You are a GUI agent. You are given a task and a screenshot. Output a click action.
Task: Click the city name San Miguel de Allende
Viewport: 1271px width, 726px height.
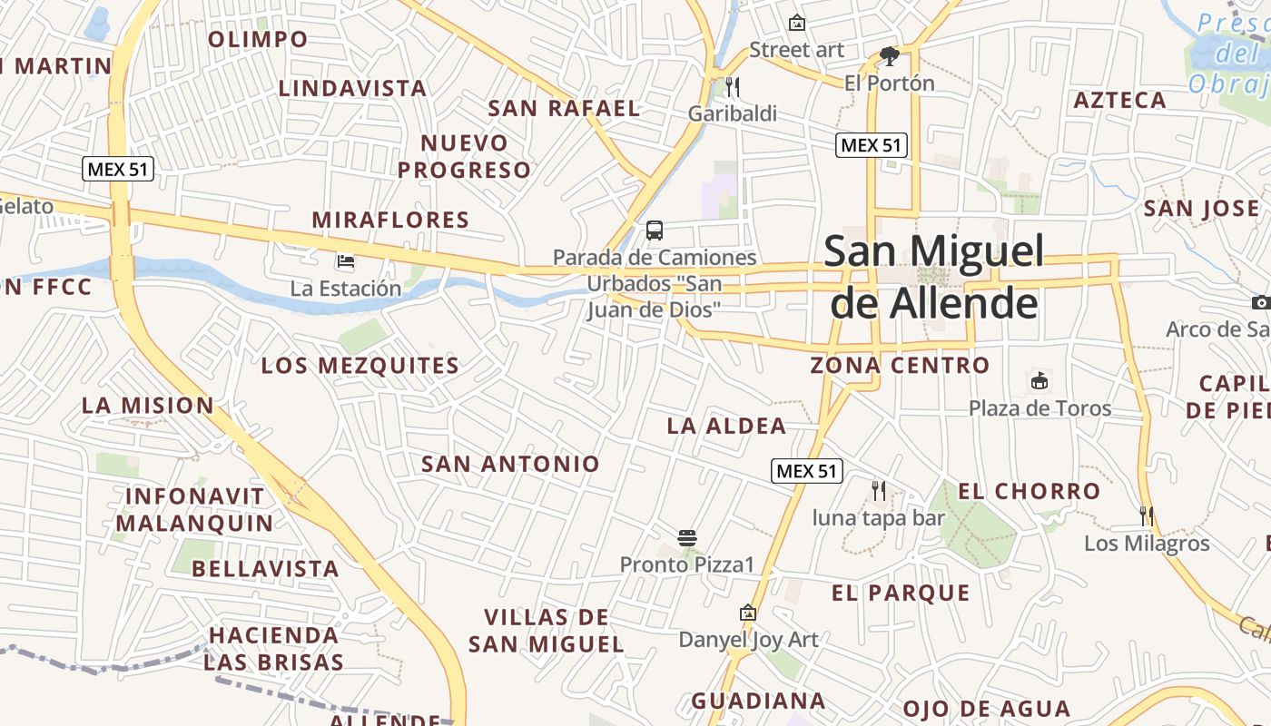(x=934, y=277)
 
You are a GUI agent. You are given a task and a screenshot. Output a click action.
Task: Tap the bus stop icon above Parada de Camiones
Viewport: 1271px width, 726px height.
(x=655, y=231)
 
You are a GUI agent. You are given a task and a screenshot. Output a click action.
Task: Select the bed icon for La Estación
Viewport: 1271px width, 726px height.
(x=346, y=261)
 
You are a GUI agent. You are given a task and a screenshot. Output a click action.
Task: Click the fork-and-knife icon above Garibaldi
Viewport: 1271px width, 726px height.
(x=733, y=87)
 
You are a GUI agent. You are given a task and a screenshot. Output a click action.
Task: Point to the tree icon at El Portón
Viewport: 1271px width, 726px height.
(x=890, y=56)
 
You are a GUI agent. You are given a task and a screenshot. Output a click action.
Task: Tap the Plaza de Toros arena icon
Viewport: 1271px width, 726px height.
(x=1039, y=381)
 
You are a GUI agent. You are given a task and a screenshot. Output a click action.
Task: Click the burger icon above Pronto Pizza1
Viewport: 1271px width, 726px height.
(x=687, y=537)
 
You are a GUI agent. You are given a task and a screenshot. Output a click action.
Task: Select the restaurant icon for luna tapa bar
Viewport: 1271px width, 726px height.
(x=878, y=491)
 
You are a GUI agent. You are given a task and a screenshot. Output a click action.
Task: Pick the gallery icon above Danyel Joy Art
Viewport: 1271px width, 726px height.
(x=748, y=613)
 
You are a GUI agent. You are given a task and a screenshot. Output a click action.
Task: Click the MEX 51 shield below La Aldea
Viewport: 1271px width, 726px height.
(x=807, y=471)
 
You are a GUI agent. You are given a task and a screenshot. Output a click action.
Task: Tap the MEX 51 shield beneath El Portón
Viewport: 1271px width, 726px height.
(x=872, y=145)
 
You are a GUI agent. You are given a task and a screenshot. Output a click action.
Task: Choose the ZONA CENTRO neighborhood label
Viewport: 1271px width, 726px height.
(x=900, y=365)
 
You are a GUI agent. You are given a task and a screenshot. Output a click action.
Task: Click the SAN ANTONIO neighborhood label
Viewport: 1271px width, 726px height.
(x=510, y=464)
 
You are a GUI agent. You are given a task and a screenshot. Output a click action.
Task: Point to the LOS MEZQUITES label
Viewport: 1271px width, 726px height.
(x=360, y=366)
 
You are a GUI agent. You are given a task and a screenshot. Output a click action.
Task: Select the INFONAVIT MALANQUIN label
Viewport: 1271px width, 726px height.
(x=194, y=510)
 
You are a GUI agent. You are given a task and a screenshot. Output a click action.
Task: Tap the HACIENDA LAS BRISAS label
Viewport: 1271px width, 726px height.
(x=273, y=648)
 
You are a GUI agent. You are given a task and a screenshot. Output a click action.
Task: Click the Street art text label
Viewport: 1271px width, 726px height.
(x=797, y=50)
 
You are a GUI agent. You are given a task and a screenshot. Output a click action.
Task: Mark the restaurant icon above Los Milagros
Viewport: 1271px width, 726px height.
(x=1147, y=516)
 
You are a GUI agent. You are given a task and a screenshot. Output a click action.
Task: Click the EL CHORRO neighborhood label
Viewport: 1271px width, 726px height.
(x=1030, y=491)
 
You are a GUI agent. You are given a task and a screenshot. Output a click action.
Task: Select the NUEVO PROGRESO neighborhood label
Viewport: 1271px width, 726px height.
(x=464, y=156)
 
